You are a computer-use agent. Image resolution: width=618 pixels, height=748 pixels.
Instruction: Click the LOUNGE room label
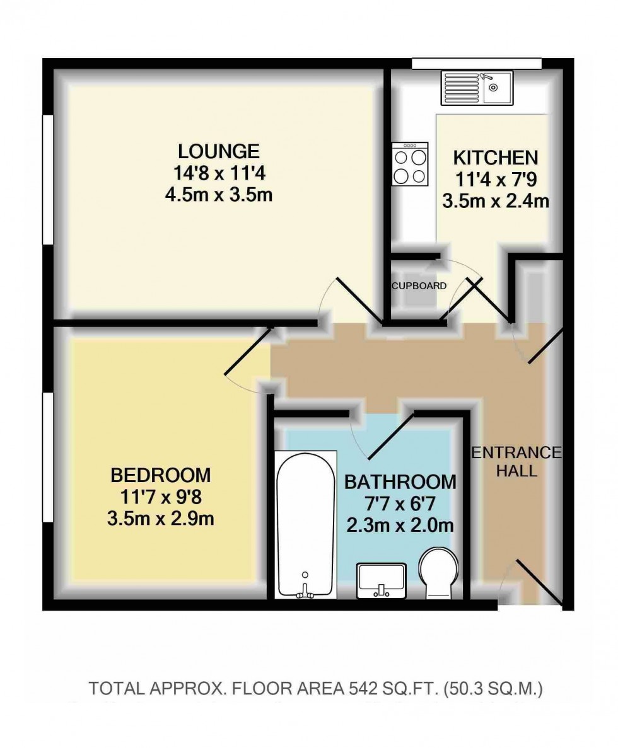(x=218, y=151)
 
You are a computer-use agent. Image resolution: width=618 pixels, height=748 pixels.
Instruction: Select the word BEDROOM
(x=160, y=474)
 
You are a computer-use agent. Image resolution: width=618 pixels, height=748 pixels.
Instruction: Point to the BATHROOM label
(x=399, y=482)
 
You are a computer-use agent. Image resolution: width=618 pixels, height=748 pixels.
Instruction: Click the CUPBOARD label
(x=419, y=285)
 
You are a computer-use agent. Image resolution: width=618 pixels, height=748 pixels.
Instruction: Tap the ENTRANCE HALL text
(x=516, y=461)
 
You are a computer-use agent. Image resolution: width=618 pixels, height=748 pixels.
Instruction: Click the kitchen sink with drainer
(x=477, y=88)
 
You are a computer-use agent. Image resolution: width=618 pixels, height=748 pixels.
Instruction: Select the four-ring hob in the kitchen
(x=410, y=164)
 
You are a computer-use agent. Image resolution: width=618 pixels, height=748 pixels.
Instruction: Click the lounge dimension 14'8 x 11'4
(x=218, y=173)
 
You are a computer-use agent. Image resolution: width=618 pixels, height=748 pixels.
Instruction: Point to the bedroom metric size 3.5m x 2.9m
(x=160, y=518)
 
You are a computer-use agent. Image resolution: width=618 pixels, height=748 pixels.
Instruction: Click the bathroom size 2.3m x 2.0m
(x=399, y=525)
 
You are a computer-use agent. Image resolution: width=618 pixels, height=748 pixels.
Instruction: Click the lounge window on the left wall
(x=47, y=180)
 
